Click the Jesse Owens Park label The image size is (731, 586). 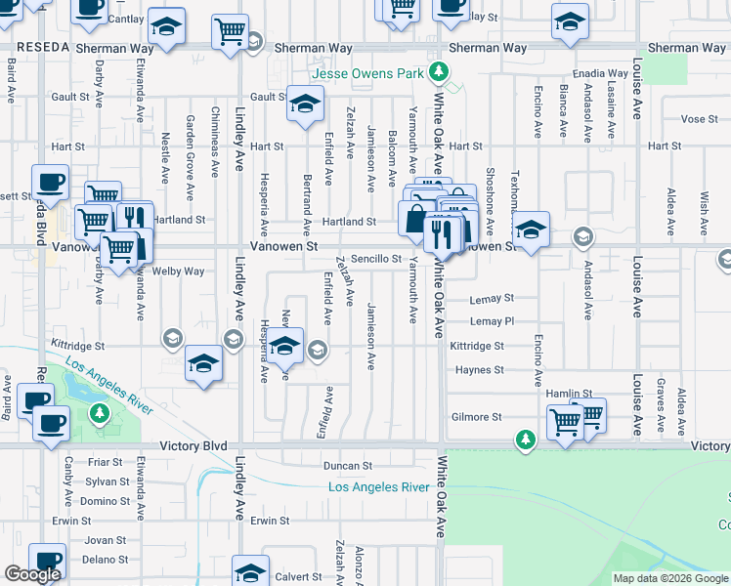pos(368,73)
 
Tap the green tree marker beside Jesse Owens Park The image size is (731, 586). pos(440,71)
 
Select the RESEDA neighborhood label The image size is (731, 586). pos(41,48)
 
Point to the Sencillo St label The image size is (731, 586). pos(377,259)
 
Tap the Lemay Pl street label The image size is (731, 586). pos(492,321)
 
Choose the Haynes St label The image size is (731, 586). pos(479,370)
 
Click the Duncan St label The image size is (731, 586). pos(349,467)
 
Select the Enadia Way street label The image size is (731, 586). pos(602,73)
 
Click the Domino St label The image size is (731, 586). pos(106,501)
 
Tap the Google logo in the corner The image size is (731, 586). pos(32,574)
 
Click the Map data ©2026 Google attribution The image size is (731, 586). pos(670,578)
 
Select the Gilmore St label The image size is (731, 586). pos(477,417)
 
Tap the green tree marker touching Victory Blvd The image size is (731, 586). pos(527,440)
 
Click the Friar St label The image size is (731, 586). pos(104,462)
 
